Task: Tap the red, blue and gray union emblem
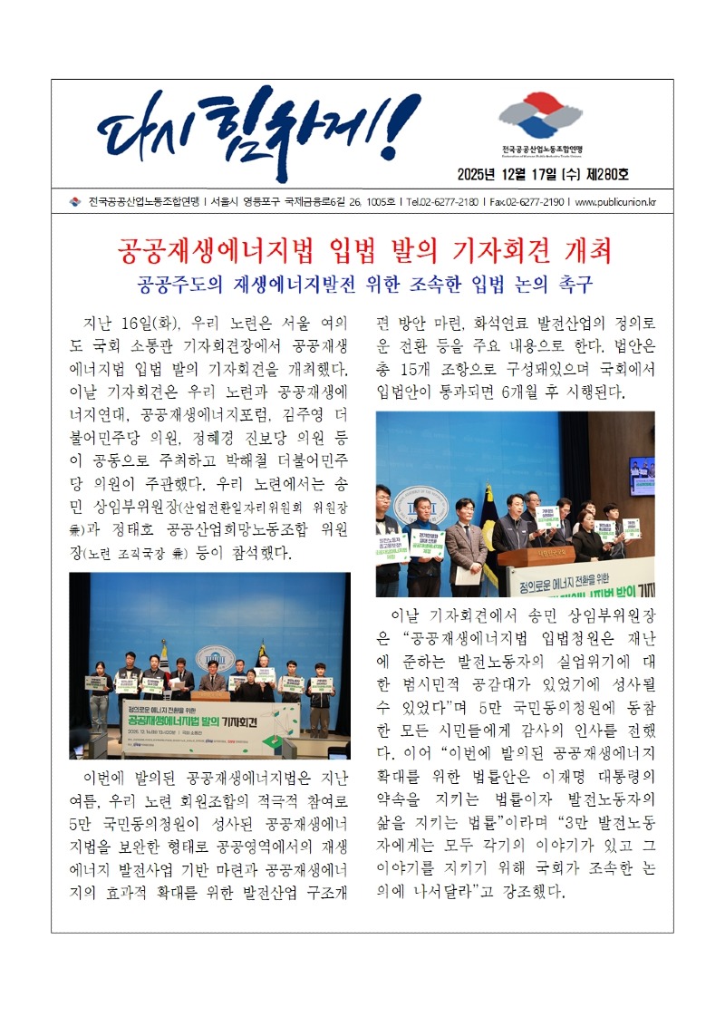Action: pyautogui.click(x=539, y=114)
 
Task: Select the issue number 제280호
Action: pyautogui.click(x=608, y=175)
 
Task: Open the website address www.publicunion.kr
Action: pyautogui.click(x=615, y=201)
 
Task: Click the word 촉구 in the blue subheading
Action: pyautogui.click(x=571, y=284)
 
